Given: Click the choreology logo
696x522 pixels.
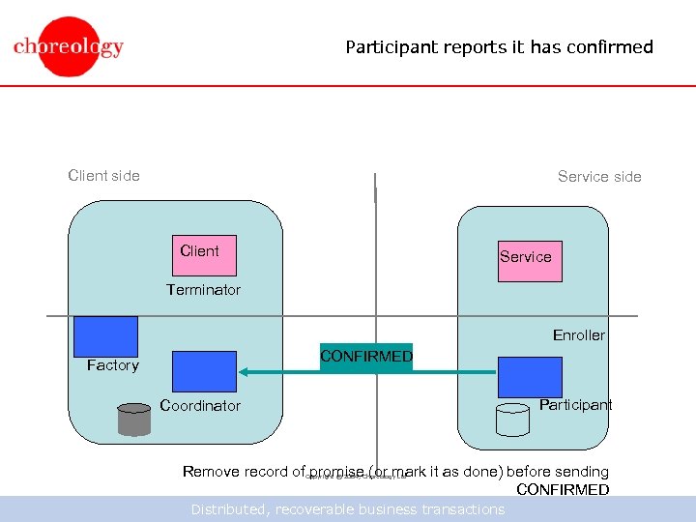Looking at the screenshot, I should pyautogui.click(x=68, y=46).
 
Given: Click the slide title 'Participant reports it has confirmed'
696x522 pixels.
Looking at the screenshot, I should pyautogui.click(x=499, y=46).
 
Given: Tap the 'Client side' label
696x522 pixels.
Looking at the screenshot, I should pyautogui.click(x=103, y=175).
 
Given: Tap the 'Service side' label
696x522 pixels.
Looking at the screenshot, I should pyautogui.click(x=599, y=176).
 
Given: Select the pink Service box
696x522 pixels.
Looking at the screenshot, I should pyautogui.click(x=530, y=261).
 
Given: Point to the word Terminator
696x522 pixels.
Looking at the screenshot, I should pyautogui.click(x=203, y=289).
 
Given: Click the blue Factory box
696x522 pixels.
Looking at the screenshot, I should pyautogui.click(x=105, y=335).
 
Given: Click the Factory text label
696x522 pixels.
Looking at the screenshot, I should pyautogui.click(x=112, y=364).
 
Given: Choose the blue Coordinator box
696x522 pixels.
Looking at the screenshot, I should pyautogui.click(x=204, y=371).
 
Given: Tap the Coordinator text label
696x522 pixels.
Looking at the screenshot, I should pyautogui.click(x=200, y=405).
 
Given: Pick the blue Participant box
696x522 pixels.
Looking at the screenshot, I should pyautogui.click(x=530, y=377).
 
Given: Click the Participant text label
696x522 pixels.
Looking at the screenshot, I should pyautogui.click(x=575, y=404).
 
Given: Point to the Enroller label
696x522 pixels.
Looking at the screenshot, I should pyautogui.click(x=578, y=334).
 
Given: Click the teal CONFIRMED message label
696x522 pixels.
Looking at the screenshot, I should pyautogui.click(x=365, y=357).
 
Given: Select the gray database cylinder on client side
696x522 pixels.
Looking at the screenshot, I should pyautogui.click(x=134, y=418).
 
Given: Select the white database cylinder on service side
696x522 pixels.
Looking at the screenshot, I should pyautogui.click(x=512, y=419).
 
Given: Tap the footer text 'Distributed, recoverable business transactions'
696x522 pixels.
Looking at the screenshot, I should pyautogui.click(x=347, y=509).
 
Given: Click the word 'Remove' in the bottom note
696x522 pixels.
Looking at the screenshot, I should pyautogui.click(x=210, y=472).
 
